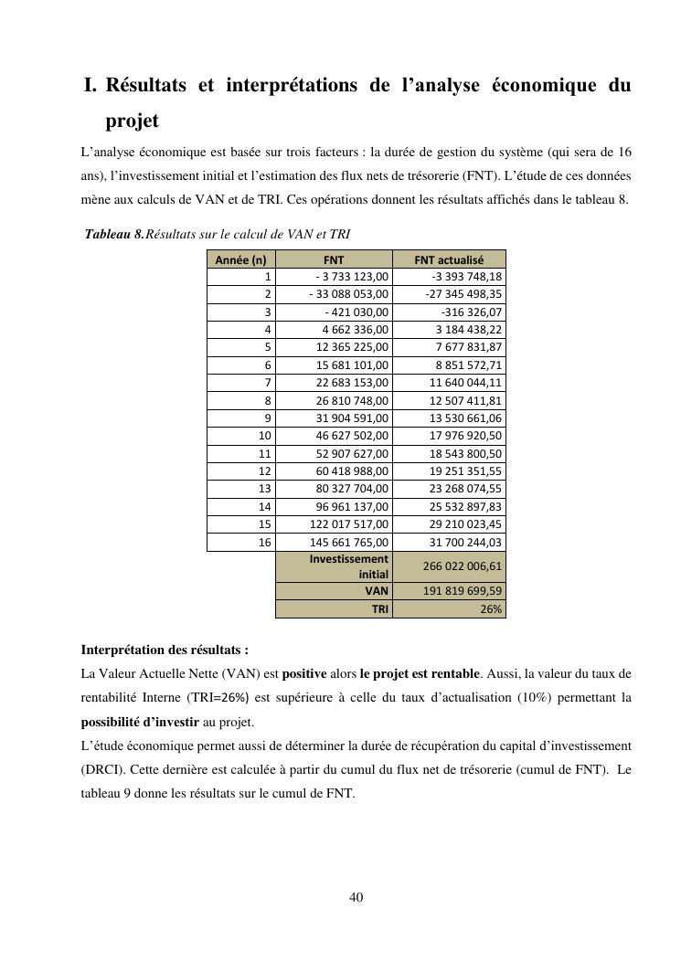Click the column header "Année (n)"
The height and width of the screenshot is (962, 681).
241,259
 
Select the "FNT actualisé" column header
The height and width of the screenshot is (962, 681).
449,259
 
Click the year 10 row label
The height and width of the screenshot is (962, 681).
265,436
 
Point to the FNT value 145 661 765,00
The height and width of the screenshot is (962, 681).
349,542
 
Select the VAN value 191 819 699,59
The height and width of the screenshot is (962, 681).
463,591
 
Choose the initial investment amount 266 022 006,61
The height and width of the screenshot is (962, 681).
463,566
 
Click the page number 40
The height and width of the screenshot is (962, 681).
356,897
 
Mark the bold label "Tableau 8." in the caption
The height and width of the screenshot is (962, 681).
114,234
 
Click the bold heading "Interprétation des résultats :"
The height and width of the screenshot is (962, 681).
165,650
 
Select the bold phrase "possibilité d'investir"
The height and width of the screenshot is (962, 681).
140,722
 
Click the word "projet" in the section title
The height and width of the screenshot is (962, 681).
133,121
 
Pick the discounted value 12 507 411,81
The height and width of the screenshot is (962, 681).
465,400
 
